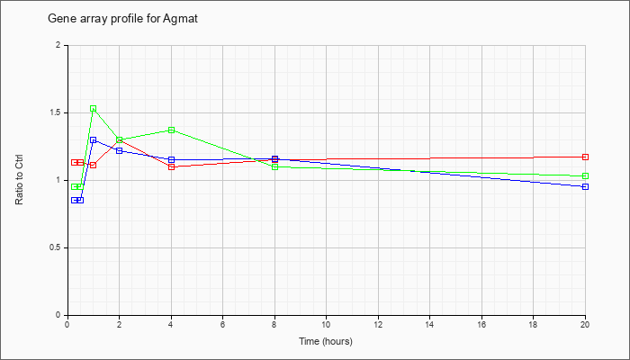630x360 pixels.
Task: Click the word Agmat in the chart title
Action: (180, 19)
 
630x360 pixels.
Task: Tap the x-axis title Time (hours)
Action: (326, 341)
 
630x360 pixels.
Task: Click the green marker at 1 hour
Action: (94, 109)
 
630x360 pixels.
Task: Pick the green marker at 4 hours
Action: (172, 130)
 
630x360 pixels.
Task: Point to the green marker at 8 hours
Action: (274, 166)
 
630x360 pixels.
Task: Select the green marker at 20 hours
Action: (585, 176)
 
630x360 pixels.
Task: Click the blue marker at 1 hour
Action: (94, 139)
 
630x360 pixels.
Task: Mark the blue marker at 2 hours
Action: (120, 150)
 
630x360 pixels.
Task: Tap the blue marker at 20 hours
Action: (585, 187)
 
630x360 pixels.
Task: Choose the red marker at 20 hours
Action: (585, 157)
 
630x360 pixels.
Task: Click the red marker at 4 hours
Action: (172, 166)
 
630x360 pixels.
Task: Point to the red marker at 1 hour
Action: (94, 165)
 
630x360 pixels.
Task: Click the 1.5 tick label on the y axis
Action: (55, 112)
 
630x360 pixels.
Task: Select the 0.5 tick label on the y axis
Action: (55, 247)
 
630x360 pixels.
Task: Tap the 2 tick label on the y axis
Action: (58, 45)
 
